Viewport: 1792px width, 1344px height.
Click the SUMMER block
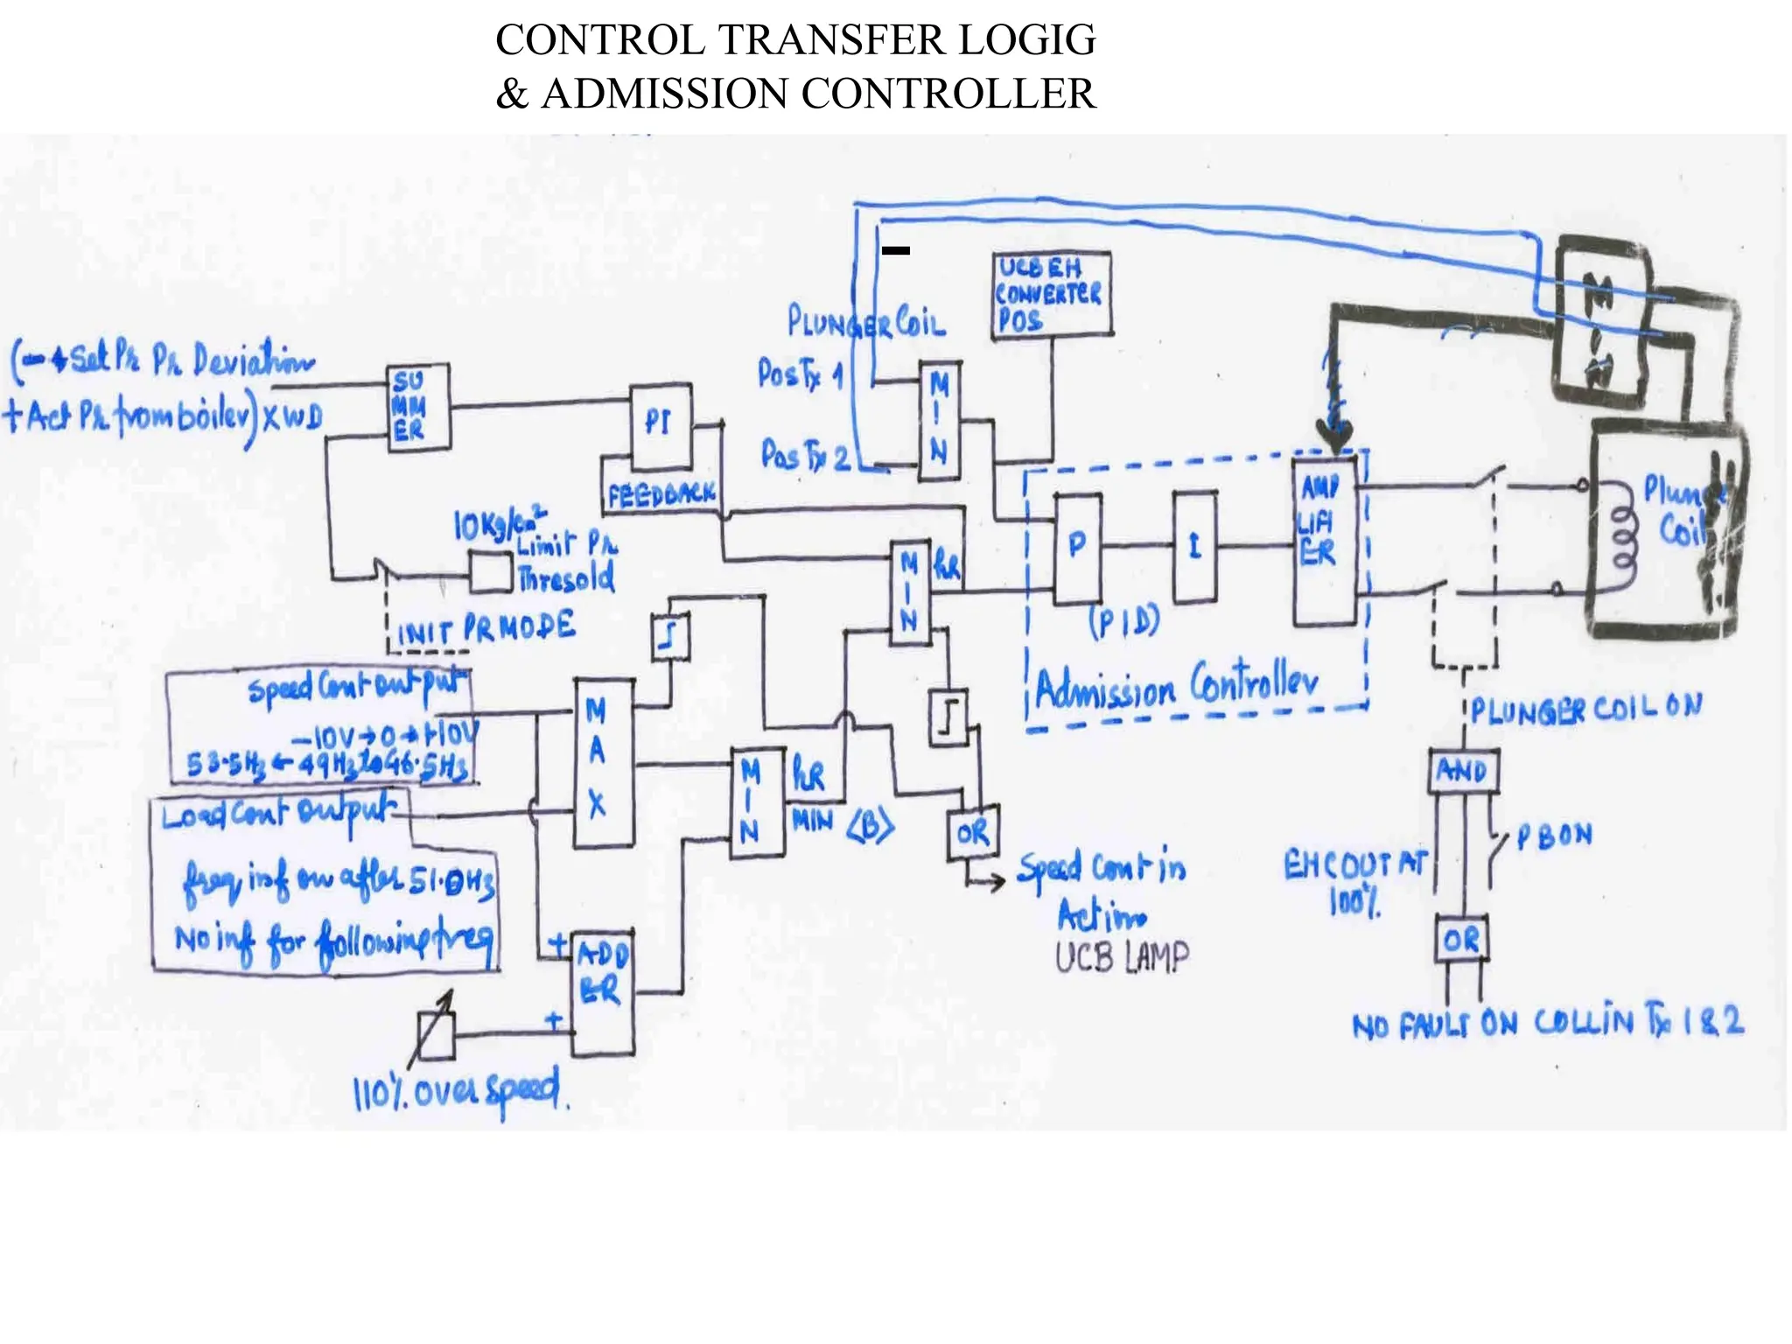(418, 407)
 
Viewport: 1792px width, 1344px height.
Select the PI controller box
(661, 426)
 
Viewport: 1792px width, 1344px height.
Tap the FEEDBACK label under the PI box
(661, 495)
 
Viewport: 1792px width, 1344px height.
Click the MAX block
(603, 763)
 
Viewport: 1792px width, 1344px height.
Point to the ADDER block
(603, 993)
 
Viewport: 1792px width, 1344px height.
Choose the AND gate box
(1463, 771)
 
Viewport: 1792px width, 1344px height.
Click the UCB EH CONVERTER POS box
(1052, 294)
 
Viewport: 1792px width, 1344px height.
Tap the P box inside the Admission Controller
(1077, 548)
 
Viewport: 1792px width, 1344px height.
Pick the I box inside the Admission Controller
(1194, 548)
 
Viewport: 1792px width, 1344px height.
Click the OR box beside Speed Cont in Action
(973, 832)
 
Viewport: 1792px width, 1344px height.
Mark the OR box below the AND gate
(1461, 940)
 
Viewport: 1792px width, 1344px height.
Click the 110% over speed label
(459, 1092)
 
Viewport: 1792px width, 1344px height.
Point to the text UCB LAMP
(1122, 958)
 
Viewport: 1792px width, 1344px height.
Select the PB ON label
(1553, 836)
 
